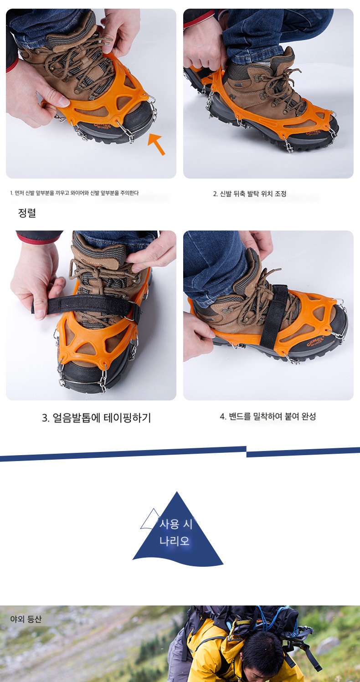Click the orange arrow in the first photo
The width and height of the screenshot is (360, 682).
click(x=157, y=144)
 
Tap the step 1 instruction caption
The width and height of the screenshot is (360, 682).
click(x=74, y=193)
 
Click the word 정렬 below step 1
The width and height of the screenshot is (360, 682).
click(x=27, y=213)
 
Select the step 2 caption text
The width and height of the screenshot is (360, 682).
click(x=250, y=194)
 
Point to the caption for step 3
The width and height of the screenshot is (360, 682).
click(x=96, y=418)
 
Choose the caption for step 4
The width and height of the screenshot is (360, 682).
click(x=268, y=416)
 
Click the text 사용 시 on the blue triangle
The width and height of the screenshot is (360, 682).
click(x=176, y=524)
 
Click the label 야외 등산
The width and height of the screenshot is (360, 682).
click(x=26, y=619)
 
